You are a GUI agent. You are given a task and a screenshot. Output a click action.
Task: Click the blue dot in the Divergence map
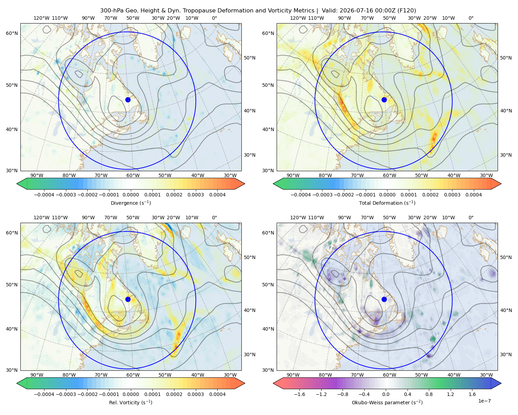128,100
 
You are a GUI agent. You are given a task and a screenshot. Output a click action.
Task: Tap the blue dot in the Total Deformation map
384,100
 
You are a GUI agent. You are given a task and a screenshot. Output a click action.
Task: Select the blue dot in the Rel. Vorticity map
128,299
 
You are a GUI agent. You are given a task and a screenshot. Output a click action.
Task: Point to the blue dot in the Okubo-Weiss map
384,299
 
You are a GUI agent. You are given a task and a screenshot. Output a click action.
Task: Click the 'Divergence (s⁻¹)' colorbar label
131,203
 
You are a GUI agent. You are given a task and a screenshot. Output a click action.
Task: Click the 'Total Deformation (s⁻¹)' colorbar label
387,203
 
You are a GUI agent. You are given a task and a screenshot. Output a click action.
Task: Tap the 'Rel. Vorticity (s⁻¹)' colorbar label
131,402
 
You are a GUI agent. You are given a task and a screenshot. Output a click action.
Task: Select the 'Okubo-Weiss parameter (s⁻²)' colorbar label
387,402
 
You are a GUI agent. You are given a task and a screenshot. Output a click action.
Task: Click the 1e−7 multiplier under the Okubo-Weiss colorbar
484,401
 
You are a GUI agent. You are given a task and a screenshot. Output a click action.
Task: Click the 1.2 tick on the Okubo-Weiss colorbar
450,394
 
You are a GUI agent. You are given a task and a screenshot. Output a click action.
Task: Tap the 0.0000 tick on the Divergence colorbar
131,195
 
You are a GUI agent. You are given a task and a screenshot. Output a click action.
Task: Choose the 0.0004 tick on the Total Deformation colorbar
473,195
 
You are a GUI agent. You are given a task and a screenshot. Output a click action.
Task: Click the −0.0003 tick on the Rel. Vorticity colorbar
66,394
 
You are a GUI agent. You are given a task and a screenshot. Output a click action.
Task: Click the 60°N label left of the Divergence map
12,33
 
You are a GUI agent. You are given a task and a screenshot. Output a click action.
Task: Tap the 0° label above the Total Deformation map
471,18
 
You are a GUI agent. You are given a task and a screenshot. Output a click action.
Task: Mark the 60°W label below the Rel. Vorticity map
133,375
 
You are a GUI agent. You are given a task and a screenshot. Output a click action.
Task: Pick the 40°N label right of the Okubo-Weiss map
506,310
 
